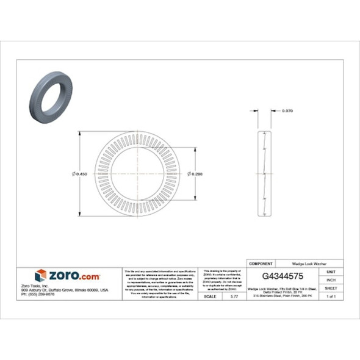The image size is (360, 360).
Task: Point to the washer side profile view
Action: [x=264, y=174]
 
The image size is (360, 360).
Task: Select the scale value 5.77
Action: [x=233, y=296]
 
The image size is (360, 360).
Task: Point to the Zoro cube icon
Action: [x=41, y=275]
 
